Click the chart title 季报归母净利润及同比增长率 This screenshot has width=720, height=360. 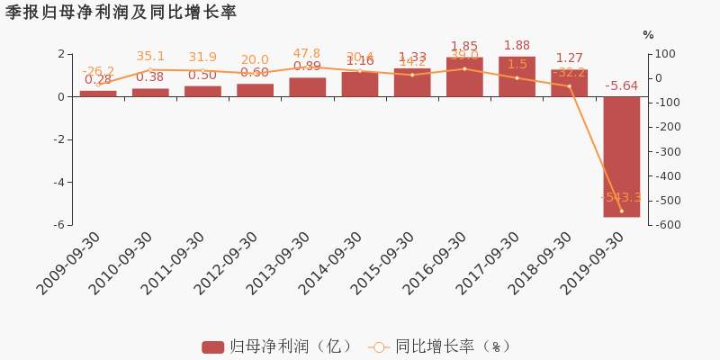pyautogui.click(x=121, y=12)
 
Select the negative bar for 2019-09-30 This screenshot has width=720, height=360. pyautogui.click(x=621, y=157)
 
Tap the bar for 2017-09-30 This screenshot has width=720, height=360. pyautogui.click(x=517, y=76)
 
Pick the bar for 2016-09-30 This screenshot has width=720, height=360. pyautogui.click(x=464, y=76)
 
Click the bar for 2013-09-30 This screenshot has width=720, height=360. pyautogui.click(x=307, y=87)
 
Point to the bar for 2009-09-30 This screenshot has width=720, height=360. pyautogui.click(x=97, y=93)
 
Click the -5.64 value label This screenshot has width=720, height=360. pyautogui.click(x=621, y=86)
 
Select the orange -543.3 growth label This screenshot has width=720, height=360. pyautogui.click(x=621, y=197)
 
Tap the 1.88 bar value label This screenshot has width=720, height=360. pyautogui.click(x=517, y=46)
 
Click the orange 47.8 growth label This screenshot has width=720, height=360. pyautogui.click(x=307, y=53)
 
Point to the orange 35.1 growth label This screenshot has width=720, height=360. pyautogui.click(x=150, y=56)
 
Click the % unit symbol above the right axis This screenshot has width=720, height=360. pyautogui.click(x=648, y=35)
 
